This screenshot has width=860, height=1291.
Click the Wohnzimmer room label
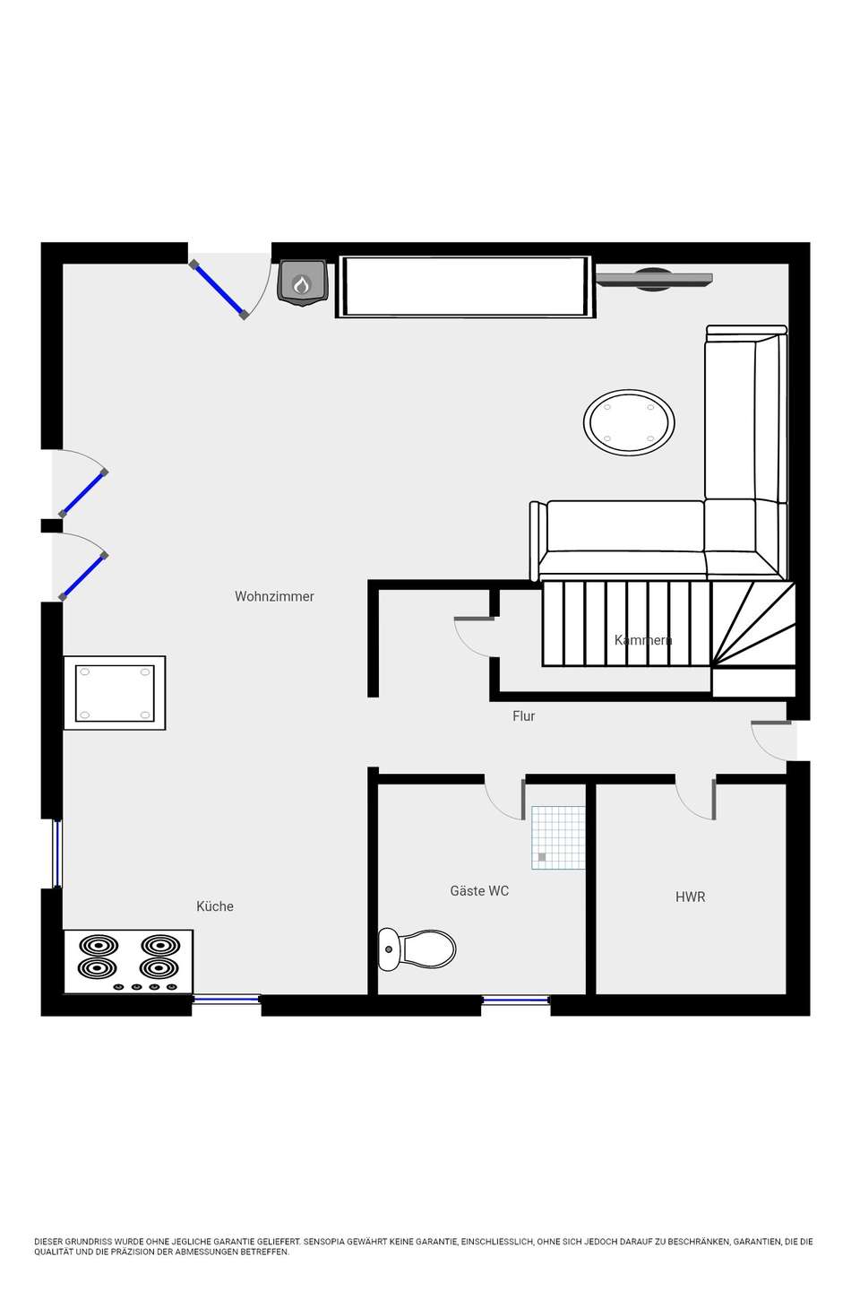[274, 596]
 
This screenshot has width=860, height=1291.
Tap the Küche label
[215, 906]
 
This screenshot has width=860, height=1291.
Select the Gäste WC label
[479, 891]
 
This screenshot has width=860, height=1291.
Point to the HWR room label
[690, 897]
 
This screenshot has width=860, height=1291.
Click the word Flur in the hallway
[523, 715]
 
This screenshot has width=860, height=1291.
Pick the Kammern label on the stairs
[643, 640]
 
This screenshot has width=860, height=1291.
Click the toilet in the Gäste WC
[417, 949]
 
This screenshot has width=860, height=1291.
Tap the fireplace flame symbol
[302, 284]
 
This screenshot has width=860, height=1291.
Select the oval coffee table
[629, 422]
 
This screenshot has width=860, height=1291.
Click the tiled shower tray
[557, 837]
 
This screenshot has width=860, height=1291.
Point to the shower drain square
[541, 857]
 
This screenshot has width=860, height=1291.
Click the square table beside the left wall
[115, 693]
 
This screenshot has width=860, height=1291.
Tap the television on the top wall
[654, 280]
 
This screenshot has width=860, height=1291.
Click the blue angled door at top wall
[219, 290]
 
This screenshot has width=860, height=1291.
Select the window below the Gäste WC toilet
[515, 1000]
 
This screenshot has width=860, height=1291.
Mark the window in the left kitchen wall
[57, 853]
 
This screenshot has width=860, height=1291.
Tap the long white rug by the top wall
[465, 287]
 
